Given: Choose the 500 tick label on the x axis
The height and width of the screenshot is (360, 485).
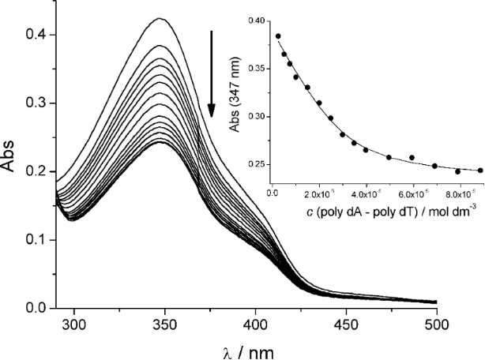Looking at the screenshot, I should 437,324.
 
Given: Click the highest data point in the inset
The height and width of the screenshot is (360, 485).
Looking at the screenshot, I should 278,36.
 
